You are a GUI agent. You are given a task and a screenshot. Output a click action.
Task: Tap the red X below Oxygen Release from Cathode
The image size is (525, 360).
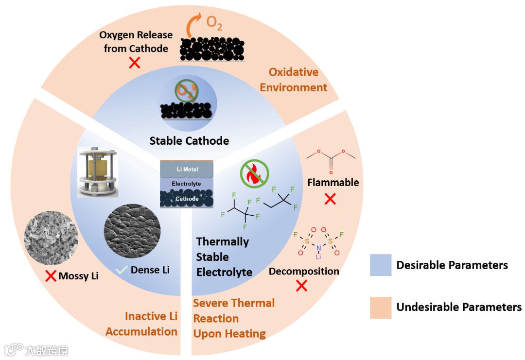pos(134,62)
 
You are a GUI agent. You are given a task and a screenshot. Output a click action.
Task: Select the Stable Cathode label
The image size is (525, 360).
pos(189,141)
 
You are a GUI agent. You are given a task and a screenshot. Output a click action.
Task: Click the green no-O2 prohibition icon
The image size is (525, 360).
pos(186,90)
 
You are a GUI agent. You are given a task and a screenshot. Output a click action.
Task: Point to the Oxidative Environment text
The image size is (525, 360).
pos(293,80)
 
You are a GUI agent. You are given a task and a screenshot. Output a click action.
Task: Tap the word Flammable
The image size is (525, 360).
pos(333,183)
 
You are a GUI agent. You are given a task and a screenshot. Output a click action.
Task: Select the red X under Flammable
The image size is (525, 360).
pos(330,199)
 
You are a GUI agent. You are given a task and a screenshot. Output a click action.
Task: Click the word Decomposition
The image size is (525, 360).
pos(304,271)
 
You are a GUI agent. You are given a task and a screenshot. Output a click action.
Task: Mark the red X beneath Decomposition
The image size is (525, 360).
pos(301,286)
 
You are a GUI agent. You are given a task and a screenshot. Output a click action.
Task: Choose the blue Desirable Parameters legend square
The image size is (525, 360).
pos(380,265)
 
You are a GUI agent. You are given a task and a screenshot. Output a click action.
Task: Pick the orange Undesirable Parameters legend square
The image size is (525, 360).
pos(380,307)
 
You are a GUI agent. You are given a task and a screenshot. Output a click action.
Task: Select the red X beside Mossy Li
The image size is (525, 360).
pos(51,276)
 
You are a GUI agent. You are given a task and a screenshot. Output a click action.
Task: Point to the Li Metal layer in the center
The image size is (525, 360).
pos(186,168)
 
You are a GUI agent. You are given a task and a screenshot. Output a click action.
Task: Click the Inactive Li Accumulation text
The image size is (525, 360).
pos(141,324)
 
